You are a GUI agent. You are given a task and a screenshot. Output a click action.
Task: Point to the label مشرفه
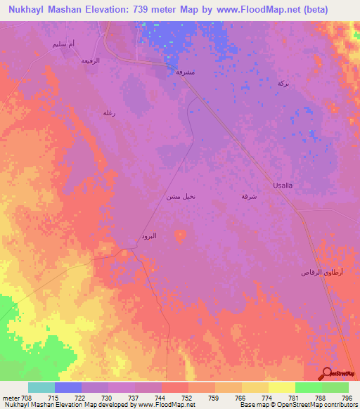(x=184, y=72)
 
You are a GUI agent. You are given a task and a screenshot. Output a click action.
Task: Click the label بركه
(x=283, y=83)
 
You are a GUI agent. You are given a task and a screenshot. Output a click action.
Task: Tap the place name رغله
(x=109, y=112)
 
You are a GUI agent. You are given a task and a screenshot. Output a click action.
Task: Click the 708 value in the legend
(x=27, y=398)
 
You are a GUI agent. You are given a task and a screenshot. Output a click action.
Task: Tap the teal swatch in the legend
(x=41, y=387)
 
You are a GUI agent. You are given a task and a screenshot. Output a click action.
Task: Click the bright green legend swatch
(x=308, y=387)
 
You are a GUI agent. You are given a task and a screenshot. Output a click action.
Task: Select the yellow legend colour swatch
(x=281, y=387)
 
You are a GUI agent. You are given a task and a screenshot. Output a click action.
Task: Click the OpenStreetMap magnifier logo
(x=328, y=374)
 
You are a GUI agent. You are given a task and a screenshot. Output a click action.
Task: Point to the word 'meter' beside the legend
(x=11, y=398)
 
